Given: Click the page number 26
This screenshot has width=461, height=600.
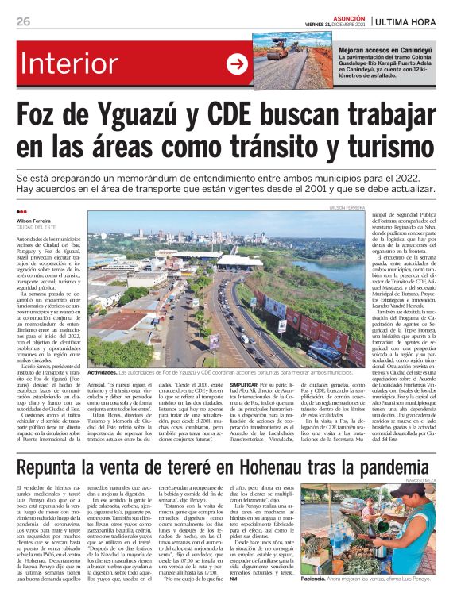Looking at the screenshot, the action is pos(23,21).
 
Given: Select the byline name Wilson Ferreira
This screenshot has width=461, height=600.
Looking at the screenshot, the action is pos(33,221).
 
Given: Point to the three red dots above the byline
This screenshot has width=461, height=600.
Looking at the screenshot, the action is pos(21,212).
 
